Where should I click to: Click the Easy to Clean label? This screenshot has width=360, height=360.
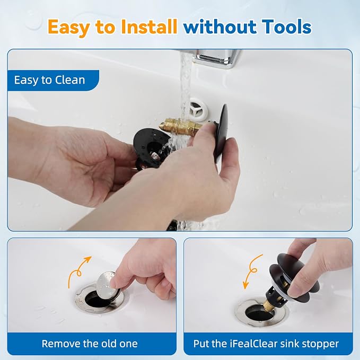click(x=50, y=80)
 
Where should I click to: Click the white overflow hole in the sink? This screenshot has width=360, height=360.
click(x=199, y=109)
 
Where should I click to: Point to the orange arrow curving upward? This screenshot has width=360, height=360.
click(x=79, y=271)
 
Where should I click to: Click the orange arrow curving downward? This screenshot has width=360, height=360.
click(x=252, y=271)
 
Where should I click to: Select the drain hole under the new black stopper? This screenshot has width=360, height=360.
click(x=259, y=314)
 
